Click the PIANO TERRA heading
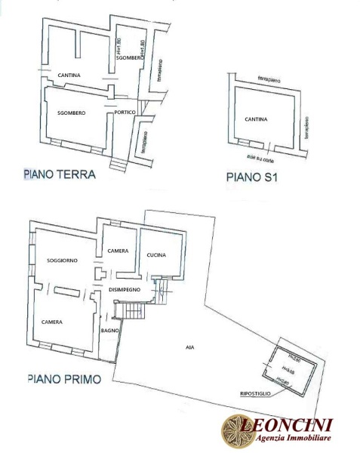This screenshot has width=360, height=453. (60, 174)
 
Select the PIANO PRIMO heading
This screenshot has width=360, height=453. (64, 377)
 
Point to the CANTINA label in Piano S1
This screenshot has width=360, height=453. (257, 119)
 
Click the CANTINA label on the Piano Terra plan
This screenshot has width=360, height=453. (69, 75)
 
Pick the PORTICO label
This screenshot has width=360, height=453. (125, 112)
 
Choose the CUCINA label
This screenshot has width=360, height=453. (156, 254)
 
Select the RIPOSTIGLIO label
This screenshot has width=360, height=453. (256, 393)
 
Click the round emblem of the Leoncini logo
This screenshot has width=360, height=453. (235, 430)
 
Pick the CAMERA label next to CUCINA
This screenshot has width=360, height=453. (117, 251)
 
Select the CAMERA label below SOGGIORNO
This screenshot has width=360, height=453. (51, 322)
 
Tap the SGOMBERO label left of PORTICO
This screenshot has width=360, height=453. (71, 112)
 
